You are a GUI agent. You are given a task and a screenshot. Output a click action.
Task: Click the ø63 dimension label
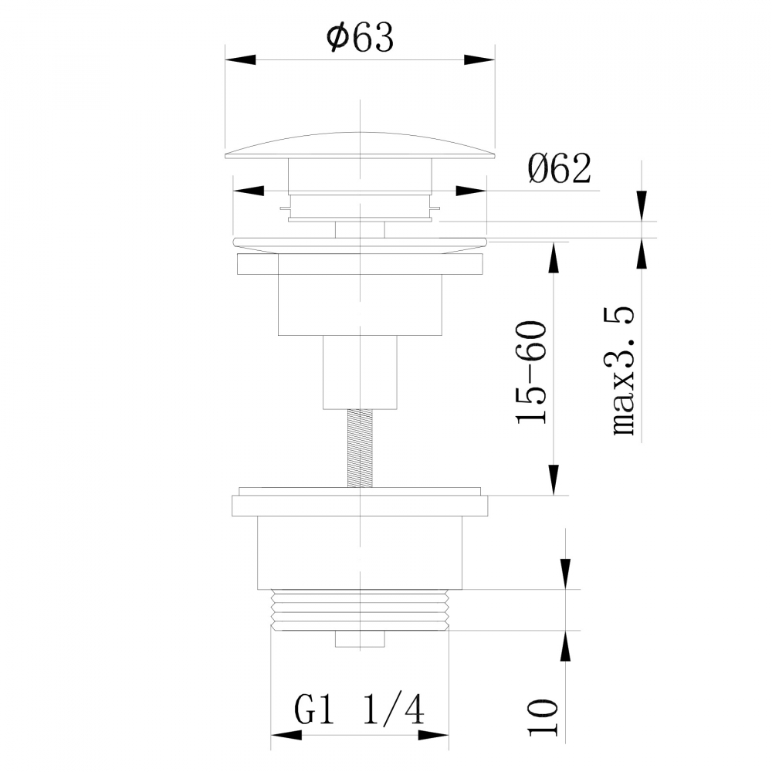360,39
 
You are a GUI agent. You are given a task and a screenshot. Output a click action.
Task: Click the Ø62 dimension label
560,168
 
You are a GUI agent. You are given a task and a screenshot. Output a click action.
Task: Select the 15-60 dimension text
532,373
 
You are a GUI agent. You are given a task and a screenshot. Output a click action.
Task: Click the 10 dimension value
545,718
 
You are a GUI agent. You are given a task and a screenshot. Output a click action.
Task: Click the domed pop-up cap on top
360,145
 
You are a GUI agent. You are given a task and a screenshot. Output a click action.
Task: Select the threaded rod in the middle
360,448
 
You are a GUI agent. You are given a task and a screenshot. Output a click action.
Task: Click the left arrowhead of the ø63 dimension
239,60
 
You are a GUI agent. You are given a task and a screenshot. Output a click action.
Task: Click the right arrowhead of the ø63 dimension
479,60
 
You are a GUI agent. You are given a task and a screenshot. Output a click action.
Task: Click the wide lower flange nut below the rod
360,506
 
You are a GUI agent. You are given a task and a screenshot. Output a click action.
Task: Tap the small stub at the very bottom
360,639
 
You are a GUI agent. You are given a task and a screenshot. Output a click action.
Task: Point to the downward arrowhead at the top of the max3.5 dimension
641,206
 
